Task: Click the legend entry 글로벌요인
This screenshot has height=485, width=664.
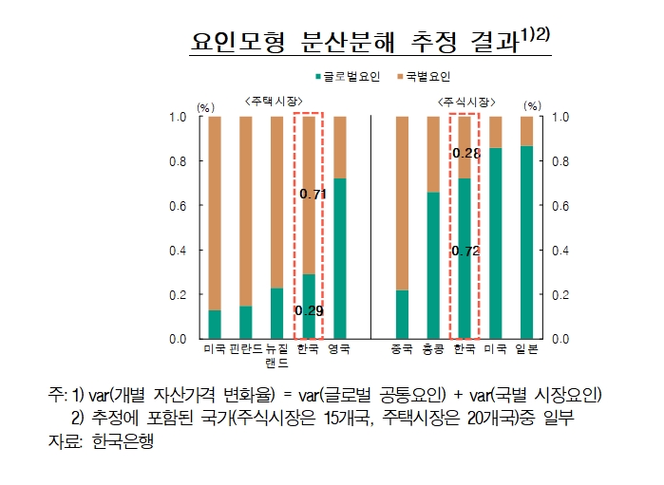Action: click(348, 76)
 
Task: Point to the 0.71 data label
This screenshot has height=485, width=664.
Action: click(313, 195)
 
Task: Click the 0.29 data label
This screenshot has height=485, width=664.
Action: click(309, 310)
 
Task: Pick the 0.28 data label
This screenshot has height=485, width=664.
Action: click(465, 153)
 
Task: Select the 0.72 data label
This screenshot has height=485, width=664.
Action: click(465, 252)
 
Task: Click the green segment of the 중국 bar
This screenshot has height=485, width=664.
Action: click(402, 314)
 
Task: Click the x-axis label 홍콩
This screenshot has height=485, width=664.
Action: click(433, 350)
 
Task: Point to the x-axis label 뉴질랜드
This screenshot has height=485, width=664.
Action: click(276, 356)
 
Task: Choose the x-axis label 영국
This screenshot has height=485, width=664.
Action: click(339, 350)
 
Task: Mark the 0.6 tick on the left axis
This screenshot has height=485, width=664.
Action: click(179, 206)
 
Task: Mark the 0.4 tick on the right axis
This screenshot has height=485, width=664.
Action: click(561, 251)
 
